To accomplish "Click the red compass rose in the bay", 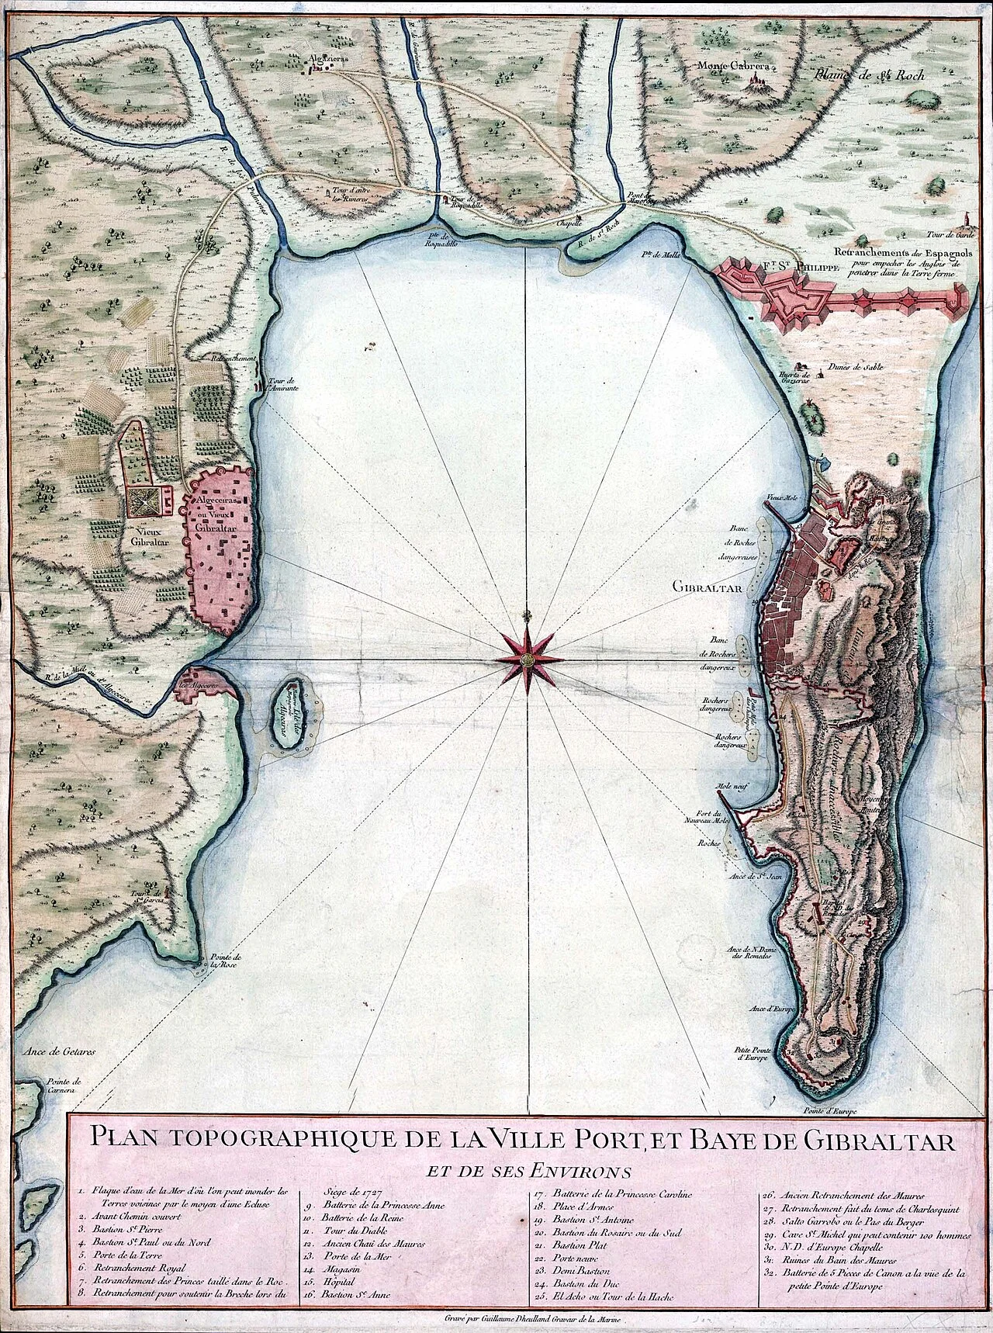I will pyautogui.click(x=526, y=660).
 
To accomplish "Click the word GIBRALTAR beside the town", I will pyautogui.click(x=708, y=587).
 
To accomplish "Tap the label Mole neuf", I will pyautogui.click(x=731, y=784).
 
